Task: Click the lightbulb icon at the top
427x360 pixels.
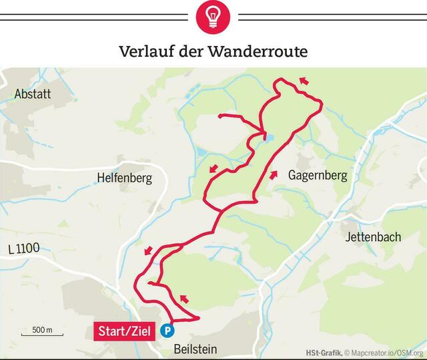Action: click(213, 17)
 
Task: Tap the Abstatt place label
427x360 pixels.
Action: click(33, 94)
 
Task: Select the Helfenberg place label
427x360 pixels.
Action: click(124, 178)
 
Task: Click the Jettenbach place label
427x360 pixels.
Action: click(373, 237)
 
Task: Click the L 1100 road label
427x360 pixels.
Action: click(24, 248)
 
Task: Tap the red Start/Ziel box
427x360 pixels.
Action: click(125, 331)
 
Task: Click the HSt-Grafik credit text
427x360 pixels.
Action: click(324, 353)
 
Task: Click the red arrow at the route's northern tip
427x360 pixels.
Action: click(304, 81)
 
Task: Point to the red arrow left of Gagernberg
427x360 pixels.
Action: click(273, 175)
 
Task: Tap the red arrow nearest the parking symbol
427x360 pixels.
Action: click(183, 298)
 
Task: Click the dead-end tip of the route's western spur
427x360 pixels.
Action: click(220, 116)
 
